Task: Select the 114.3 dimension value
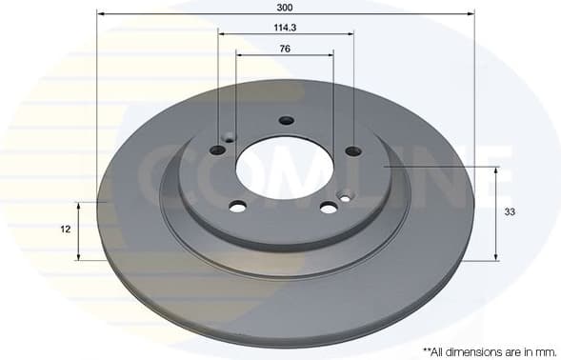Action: pyautogui.click(x=287, y=28)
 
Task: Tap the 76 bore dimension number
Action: pyautogui.click(x=286, y=49)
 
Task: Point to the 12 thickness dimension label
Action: pyautogui.click(x=66, y=230)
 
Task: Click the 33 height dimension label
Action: pyautogui.click(x=510, y=212)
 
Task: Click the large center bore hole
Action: pyautogui.click(x=285, y=168)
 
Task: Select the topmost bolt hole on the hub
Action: pyautogui.click(x=287, y=120)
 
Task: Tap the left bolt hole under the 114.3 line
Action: pyautogui.click(x=218, y=150)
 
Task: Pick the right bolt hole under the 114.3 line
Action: pyautogui.click(x=353, y=150)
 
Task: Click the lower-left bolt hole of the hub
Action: pyautogui.click(x=238, y=207)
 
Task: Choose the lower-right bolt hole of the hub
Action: pyautogui.click(x=329, y=208)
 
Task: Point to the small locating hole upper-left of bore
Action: pyautogui.click(x=229, y=138)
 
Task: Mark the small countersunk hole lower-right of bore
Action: pyautogui.click(x=346, y=197)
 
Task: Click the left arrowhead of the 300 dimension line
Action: pyautogui.click(x=100, y=13)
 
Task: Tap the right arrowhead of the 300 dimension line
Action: pyautogui.click(x=471, y=13)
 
